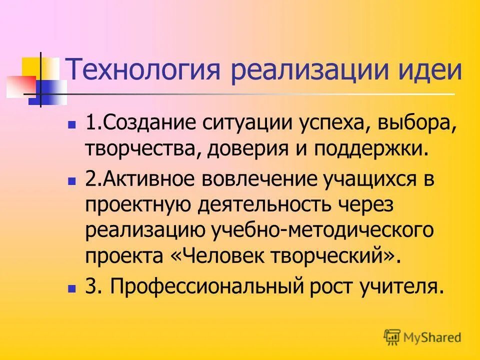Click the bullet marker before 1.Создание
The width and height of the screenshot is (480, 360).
pyautogui.click(x=72, y=123)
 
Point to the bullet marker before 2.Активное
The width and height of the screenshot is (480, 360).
pyautogui.click(x=72, y=179)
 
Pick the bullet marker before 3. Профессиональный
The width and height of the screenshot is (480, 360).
pyautogui.click(x=72, y=288)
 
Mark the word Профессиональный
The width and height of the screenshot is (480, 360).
pyautogui.click(x=200, y=287)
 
